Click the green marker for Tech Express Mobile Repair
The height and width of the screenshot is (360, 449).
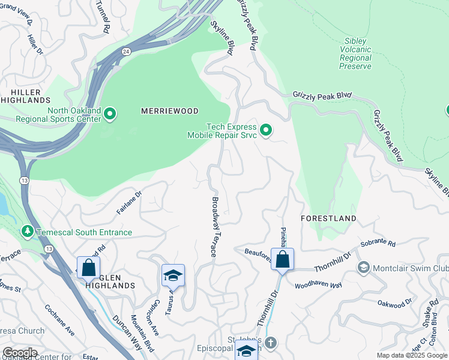pos(266,130)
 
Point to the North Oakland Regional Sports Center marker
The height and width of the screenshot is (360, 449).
pos(110,113)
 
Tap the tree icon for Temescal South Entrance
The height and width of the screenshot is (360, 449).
pos(26,231)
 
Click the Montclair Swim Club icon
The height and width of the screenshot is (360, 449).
pos(363,267)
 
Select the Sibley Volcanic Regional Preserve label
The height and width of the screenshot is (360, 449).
pos(355,53)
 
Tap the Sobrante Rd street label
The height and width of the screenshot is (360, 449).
pos(379,244)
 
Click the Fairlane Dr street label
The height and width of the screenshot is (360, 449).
pos(128,203)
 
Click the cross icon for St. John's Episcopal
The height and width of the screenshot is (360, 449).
pos(271,343)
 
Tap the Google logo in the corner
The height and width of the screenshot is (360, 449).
pos(19,353)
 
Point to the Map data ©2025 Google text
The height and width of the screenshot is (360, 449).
pos(412,355)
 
